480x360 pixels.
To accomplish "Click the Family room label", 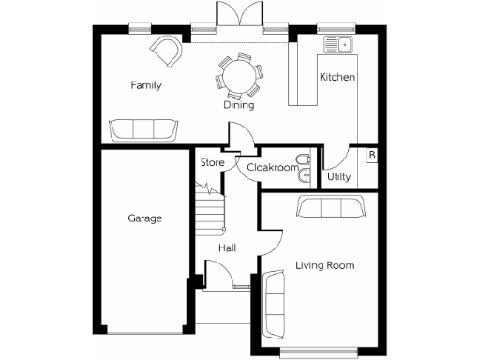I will coord(145,85).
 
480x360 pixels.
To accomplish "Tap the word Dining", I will coord(238,105).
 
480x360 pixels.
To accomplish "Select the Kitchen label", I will coord(337,77).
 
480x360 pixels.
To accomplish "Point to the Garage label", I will coord(145,218).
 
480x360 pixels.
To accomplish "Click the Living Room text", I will coord(325,266).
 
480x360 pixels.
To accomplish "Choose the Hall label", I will coord(227,248).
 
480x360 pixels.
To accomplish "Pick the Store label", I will coord(211,162).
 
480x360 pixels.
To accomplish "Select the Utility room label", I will coord(338,175).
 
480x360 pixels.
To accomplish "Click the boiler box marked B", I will coord(372,155).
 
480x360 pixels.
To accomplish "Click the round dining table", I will coord(238,75).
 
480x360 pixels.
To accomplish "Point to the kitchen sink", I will coord(337,43).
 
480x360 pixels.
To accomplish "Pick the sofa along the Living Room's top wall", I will coord(330,207).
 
